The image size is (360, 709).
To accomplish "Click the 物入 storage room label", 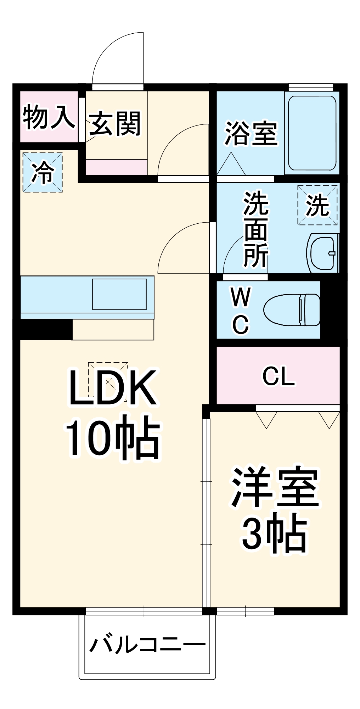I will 49,117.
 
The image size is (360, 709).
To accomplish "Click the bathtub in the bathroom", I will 312,133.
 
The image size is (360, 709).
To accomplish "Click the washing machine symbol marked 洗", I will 317,205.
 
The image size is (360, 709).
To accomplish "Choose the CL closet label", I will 279,376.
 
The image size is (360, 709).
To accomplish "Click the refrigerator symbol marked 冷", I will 43,173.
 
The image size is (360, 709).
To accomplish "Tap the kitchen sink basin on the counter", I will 119,294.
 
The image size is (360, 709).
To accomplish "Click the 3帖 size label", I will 274,534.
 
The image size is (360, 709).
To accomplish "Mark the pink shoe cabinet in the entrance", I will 116,167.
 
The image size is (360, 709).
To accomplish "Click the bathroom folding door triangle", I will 231,164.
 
